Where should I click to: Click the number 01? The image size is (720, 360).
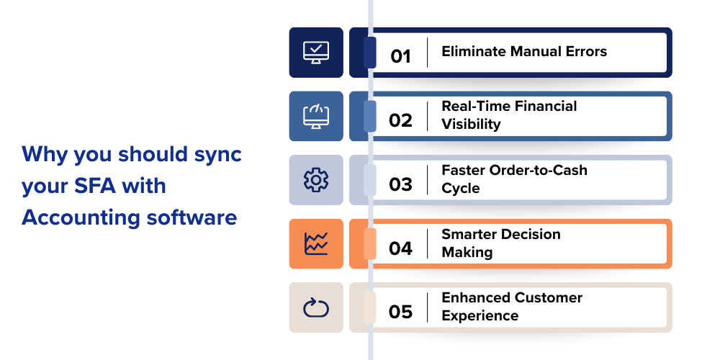click(x=400, y=56)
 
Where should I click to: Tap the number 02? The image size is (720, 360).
click(x=400, y=120)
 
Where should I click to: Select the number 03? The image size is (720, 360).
click(x=400, y=184)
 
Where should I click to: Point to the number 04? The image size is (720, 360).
click(x=400, y=248)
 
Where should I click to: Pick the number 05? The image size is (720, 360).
click(x=400, y=312)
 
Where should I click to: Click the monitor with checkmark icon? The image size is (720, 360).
click(x=316, y=53)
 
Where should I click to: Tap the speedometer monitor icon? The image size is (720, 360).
click(x=316, y=116)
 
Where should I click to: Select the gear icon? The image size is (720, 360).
click(x=316, y=180)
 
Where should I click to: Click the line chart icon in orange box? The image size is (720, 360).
click(x=316, y=243)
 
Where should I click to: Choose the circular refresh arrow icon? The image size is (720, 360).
click(x=316, y=307)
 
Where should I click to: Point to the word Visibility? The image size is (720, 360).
click(x=471, y=124)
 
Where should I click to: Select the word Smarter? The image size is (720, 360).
click(x=470, y=234)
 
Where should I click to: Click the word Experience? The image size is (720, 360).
click(x=480, y=315)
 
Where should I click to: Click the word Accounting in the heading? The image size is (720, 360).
click(x=78, y=217)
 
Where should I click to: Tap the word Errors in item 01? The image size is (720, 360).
click(x=584, y=51)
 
